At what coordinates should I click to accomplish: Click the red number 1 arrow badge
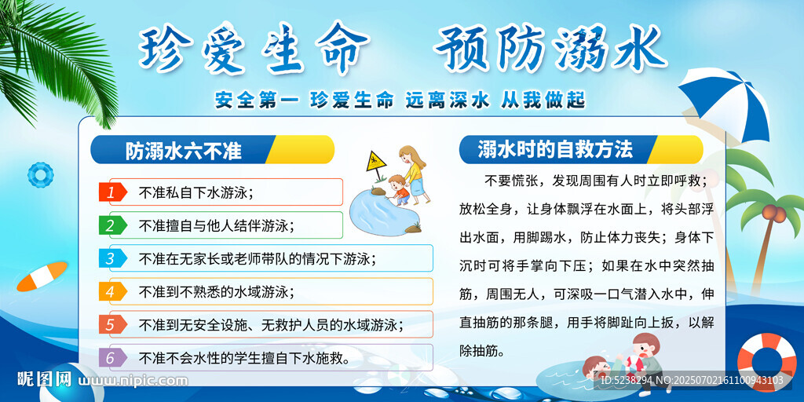pyautogui.click(x=112, y=192)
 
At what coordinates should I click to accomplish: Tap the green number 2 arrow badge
pyautogui.click(x=112, y=225)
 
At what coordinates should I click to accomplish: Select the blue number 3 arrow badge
pyautogui.click(x=112, y=258)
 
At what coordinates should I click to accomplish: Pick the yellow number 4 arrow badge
pyautogui.click(x=112, y=291)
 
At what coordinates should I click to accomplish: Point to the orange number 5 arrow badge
pyautogui.click(x=112, y=324)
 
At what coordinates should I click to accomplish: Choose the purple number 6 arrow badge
pyautogui.click(x=112, y=358)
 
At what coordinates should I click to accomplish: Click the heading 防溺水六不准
pyautogui.click(x=183, y=150)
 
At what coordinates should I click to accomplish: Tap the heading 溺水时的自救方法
pyautogui.click(x=555, y=149)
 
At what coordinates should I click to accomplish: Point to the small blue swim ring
pyautogui.click(x=41, y=175)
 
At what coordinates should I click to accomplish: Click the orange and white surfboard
pyautogui.click(x=42, y=276)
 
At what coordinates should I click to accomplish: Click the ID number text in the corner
pyautogui.click(x=692, y=380)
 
